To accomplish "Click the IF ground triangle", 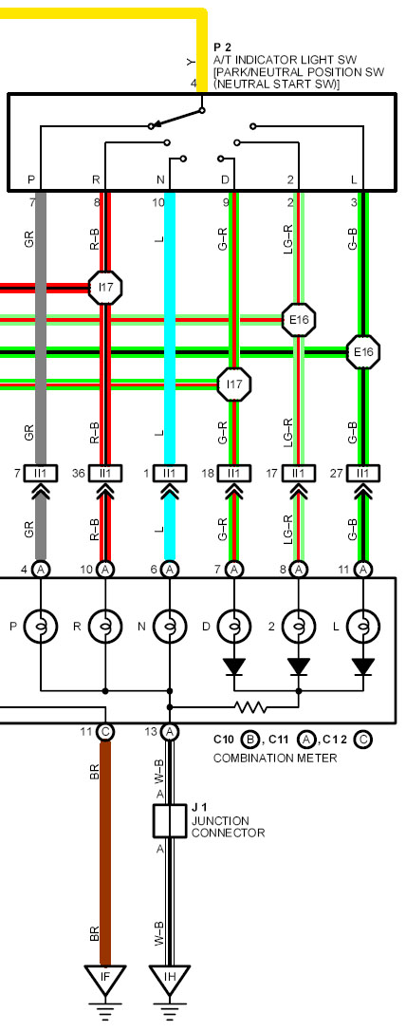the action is click(104, 976).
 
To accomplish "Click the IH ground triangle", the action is click(170, 976).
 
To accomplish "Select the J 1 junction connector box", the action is click(170, 820).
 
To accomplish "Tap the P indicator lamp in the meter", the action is click(41, 627).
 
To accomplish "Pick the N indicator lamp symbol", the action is click(170, 627).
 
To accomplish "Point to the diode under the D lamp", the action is click(234, 666).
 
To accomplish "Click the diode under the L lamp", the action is click(362, 666).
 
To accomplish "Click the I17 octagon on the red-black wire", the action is click(105, 288).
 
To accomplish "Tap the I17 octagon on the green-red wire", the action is click(234, 384).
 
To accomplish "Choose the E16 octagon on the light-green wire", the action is click(299, 320).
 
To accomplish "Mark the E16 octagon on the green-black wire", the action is click(363, 352).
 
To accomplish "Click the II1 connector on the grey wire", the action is click(41, 473).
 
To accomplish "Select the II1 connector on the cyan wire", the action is click(170, 473).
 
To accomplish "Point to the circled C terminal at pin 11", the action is click(105, 731).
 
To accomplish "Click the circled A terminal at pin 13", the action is click(170, 731).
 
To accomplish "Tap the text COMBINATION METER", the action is click(274, 759).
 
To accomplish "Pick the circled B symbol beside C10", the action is click(249, 740).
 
